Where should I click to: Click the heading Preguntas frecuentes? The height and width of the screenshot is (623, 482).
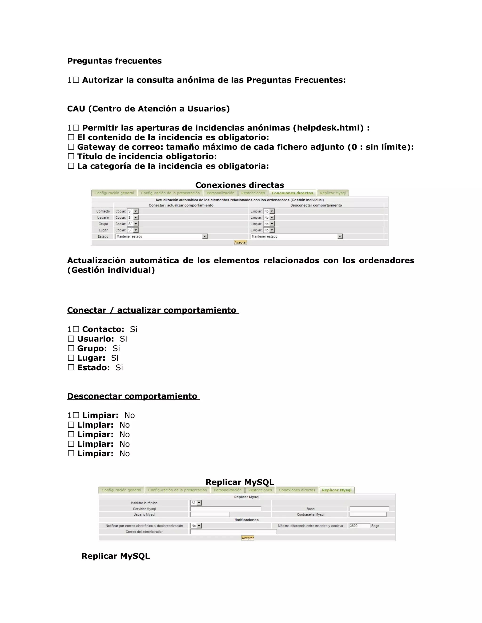point(114,61)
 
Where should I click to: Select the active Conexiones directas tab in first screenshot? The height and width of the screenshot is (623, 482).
point(292,193)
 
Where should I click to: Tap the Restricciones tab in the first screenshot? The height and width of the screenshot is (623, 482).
point(253,193)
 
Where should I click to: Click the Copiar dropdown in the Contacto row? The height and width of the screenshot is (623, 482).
point(133,211)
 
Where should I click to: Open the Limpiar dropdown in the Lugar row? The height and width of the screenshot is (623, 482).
point(269,230)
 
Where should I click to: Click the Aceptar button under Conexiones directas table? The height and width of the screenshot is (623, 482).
point(240,242)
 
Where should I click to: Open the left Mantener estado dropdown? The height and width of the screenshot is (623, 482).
point(161,237)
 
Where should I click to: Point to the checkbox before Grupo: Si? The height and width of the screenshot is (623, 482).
point(71,348)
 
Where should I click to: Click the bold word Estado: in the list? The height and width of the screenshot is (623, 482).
point(93,367)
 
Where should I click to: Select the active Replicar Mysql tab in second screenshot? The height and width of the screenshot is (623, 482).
point(337,490)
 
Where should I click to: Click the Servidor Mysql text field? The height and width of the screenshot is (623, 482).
point(225,509)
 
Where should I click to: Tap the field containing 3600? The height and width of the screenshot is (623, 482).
point(360,526)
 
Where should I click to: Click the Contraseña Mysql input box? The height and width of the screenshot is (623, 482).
point(368,514)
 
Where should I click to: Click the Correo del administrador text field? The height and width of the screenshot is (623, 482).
point(233,532)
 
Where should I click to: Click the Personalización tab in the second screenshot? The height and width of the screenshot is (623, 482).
point(228,490)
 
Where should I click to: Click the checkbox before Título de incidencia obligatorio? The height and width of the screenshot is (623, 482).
point(71,156)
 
